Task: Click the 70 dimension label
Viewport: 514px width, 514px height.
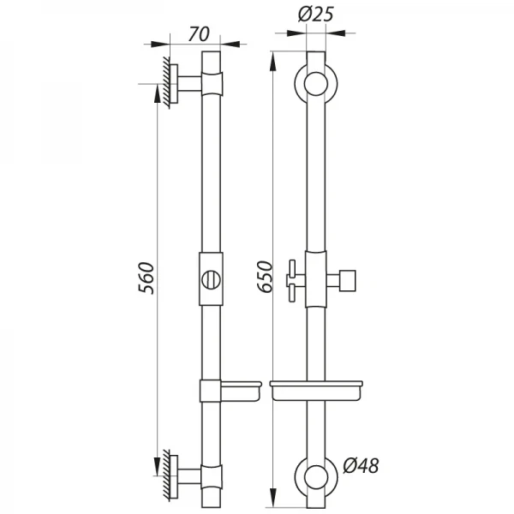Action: [199, 34]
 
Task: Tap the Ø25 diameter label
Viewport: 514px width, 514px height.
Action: [315, 15]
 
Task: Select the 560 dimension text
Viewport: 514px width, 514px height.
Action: [146, 278]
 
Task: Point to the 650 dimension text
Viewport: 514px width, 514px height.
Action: [265, 277]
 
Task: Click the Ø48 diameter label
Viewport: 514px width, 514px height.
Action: [361, 465]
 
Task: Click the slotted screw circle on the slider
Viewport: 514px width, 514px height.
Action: [211, 279]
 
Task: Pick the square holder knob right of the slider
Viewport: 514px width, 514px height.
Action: [348, 281]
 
